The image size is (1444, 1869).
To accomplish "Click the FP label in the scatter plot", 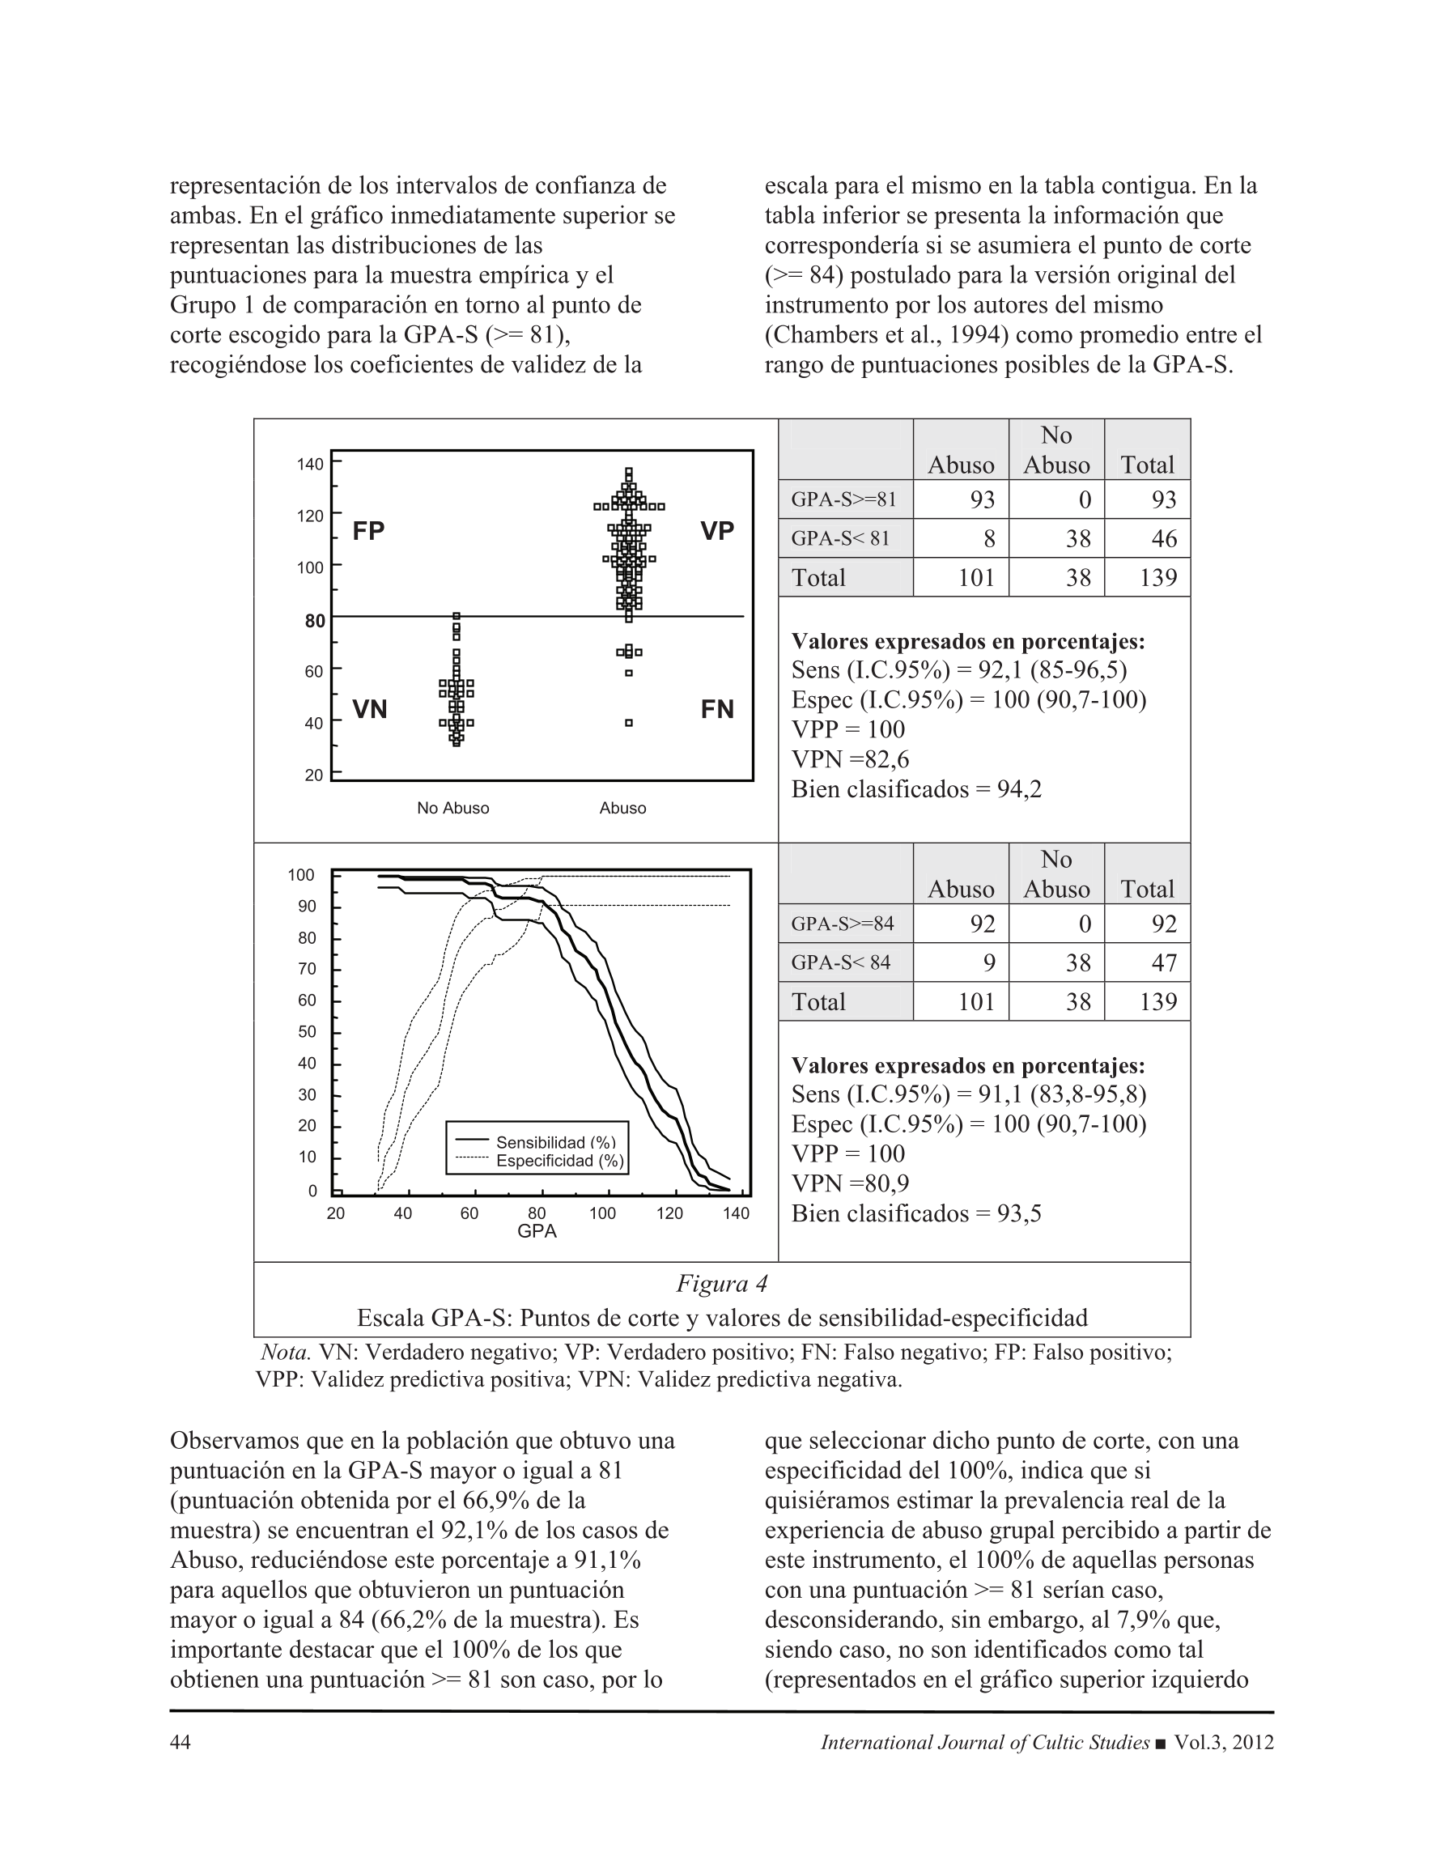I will (368, 532).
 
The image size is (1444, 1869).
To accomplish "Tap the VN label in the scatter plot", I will (370, 709).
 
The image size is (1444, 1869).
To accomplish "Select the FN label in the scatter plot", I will (716, 709).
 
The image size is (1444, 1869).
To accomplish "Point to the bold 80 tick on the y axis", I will (315, 620).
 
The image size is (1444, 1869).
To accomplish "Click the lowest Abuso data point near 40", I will (628, 723).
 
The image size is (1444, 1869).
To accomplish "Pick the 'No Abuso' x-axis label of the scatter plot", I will (452, 808).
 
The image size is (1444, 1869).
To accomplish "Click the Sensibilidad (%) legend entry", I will (555, 1142).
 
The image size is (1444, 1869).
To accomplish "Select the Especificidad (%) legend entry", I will (560, 1162).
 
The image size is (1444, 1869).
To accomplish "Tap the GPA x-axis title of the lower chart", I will (537, 1230).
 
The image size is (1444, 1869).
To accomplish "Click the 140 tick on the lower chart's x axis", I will (735, 1213).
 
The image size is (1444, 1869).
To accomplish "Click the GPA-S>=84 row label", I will (843, 924).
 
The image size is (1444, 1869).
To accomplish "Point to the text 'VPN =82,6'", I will (850, 759).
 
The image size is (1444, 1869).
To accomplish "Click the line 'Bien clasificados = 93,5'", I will (916, 1213).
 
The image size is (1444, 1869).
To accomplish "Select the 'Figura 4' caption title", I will (721, 1284).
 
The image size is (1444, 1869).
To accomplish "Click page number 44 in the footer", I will (180, 1743).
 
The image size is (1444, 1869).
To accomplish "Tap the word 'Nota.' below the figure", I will (286, 1353).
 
